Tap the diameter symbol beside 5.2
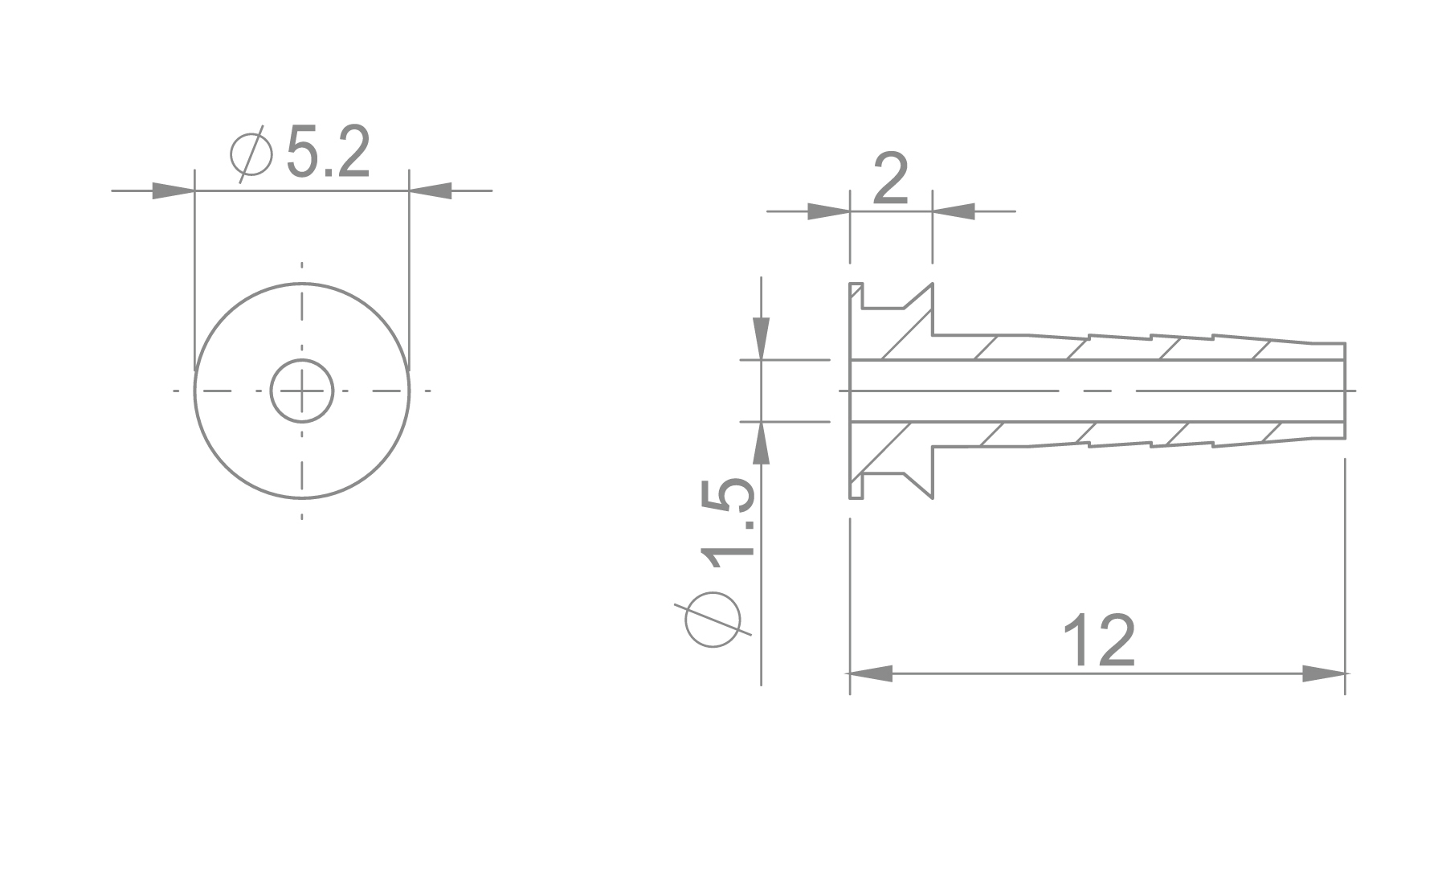pyautogui.click(x=251, y=153)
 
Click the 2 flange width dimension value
pyautogui.click(x=889, y=180)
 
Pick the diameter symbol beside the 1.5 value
pyautogui.click(x=713, y=620)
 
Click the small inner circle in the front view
pyautogui.click(x=302, y=391)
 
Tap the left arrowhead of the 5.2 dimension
pyautogui.click(x=173, y=190)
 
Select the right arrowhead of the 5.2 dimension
pyautogui.click(x=431, y=190)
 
